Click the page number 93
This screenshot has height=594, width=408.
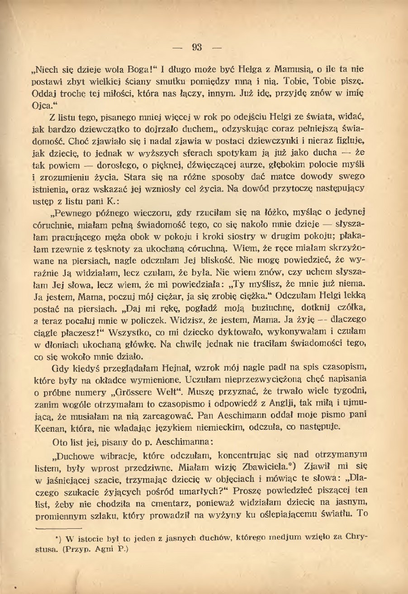click(197, 47)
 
